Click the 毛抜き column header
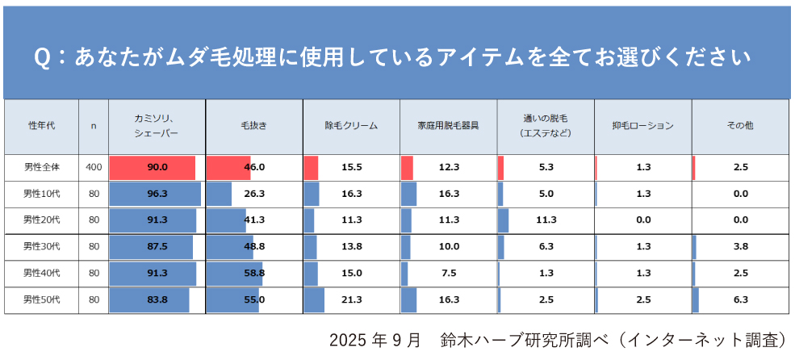coord(254,126)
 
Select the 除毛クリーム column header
coord(351,126)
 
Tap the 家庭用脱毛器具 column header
coord(448,126)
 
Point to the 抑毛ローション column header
coord(642,126)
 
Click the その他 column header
coord(740,126)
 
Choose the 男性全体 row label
coord(40,167)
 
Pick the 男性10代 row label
coord(40,194)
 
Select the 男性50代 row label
coord(40,299)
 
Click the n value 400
coord(94,167)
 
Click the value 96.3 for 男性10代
coord(157,194)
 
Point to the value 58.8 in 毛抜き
coord(254,274)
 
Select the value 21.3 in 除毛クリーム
coord(352,299)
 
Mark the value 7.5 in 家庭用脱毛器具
coord(450,274)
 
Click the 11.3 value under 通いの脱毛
coord(546,220)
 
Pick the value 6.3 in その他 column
coord(740,299)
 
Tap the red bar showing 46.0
coord(228,167)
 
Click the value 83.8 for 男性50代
coord(157,299)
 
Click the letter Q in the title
coord(43,58)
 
